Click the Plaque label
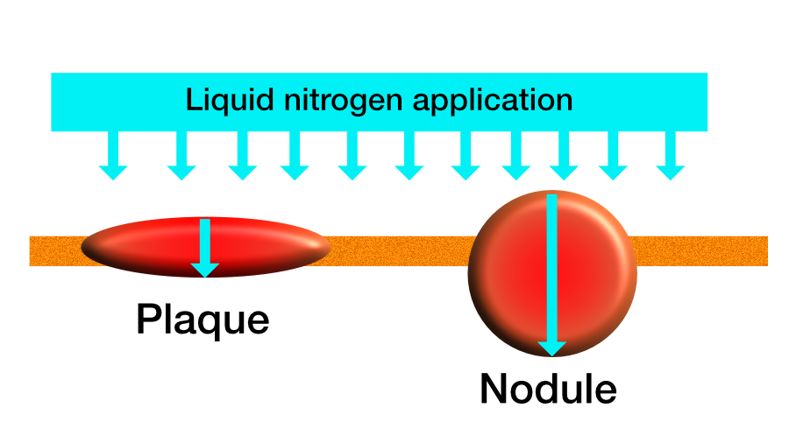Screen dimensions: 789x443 203,320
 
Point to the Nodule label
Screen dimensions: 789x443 549,388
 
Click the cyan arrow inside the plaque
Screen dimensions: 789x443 205,248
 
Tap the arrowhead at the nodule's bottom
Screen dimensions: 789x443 552,348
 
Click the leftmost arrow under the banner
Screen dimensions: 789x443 113,155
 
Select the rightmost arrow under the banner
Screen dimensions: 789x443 671,155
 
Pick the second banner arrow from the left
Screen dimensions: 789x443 181,155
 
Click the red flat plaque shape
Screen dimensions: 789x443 151,247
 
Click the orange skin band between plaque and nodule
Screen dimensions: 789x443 399,250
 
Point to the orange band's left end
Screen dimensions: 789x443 30,250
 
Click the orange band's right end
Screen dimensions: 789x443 767,250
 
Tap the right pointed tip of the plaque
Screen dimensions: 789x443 331,247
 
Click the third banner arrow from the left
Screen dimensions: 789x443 243,155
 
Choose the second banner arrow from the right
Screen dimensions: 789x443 613,155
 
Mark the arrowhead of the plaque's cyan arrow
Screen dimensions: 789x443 205,271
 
